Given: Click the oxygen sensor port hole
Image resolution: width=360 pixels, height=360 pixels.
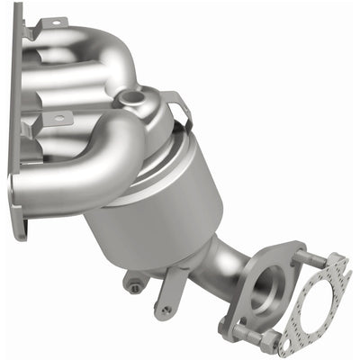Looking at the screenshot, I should [x=136, y=94].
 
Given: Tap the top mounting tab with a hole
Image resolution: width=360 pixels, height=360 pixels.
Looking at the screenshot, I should [x=51, y=22].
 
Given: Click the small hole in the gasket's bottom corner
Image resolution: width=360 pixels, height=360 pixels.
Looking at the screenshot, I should [x=286, y=343].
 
